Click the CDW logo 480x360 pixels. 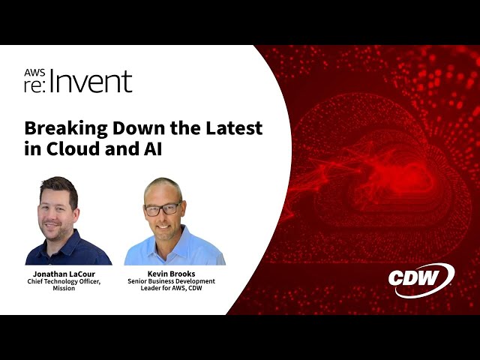pos(421,279)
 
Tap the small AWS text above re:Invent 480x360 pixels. pos(34,73)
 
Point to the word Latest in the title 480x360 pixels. pos(232,127)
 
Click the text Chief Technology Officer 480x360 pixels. pos(58,282)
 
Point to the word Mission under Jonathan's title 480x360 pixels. pos(63,289)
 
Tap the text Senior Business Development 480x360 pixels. pos(175,282)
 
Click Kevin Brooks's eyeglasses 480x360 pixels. pos(163,208)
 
